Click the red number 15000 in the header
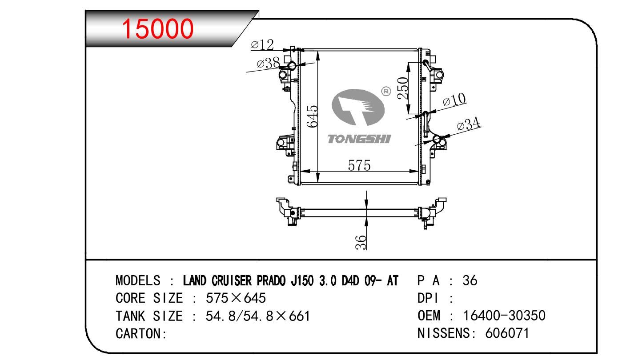(157, 28)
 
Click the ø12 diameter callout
(262, 45)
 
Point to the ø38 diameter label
(268, 63)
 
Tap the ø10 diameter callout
(454, 100)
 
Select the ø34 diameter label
(469, 124)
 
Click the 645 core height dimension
(313, 116)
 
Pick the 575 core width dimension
(359, 165)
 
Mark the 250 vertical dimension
(403, 88)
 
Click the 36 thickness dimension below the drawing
(361, 242)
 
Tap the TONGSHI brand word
(359, 139)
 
